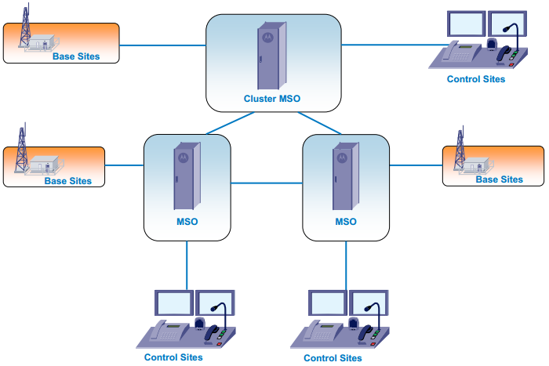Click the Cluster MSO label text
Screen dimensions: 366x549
point(272,100)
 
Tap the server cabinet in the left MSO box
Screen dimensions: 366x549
point(186,176)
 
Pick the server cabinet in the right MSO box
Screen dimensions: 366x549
point(344,176)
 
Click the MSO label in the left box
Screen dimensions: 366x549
point(187,222)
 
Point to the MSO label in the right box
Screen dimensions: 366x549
point(346,222)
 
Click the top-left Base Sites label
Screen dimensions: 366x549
point(76,56)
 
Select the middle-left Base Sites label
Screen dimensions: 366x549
point(67,181)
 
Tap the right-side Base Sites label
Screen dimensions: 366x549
point(500,179)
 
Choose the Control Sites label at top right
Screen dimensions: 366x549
point(476,79)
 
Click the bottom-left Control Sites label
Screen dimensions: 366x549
point(173,357)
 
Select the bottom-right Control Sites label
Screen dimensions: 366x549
point(333,358)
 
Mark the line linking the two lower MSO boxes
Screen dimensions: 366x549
point(267,183)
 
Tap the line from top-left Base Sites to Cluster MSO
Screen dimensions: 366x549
point(162,45)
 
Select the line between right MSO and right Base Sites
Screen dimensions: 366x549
point(416,165)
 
